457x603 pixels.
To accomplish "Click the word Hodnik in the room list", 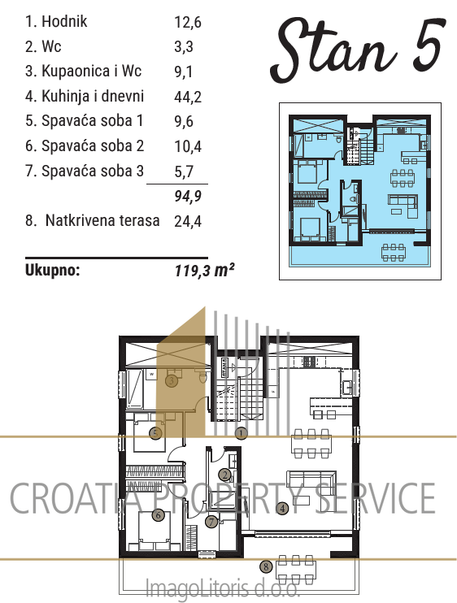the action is point(64,21).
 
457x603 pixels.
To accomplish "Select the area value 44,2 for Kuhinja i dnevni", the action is point(188,97).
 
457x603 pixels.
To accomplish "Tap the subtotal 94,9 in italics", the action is point(188,196).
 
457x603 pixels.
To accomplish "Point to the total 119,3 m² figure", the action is point(205,270).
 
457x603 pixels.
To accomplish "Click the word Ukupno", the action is point(53,271).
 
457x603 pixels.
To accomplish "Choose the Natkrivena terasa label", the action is point(102,220).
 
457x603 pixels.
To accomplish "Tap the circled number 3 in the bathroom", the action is point(172,381).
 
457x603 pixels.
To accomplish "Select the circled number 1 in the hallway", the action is point(241,433).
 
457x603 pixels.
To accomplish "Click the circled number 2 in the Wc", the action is point(225,475).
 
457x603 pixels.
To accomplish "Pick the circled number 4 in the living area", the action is point(282,509).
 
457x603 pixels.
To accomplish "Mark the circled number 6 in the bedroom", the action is point(158,514).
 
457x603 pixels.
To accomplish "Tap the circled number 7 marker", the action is point(211,522).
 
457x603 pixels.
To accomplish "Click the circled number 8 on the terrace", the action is point(266,566).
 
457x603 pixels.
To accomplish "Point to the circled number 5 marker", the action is point(155,433).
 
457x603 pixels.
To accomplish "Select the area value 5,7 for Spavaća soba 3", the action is point(184,171).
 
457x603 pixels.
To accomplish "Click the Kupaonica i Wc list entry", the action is point(84,72).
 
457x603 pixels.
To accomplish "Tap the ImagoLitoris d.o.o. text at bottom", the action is point(222,588).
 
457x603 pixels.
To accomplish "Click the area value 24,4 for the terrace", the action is point(188,221).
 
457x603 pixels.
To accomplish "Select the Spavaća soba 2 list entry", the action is point(85,146).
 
